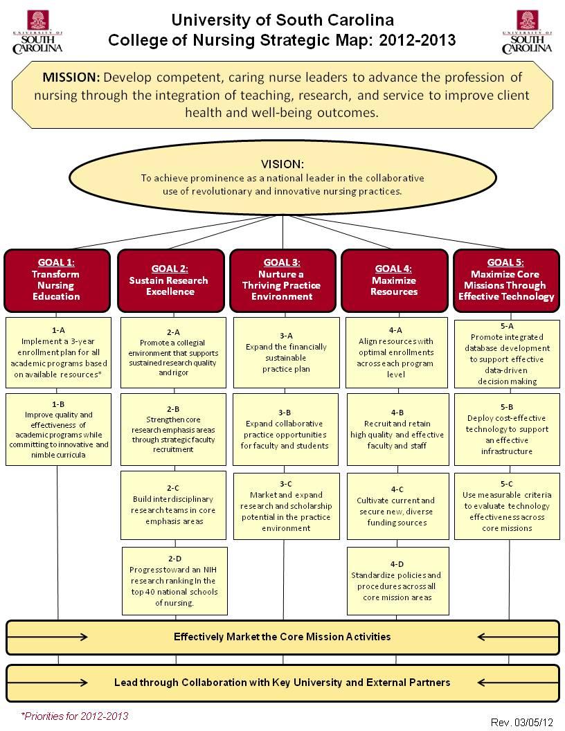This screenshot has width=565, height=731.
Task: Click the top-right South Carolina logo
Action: [527, 32]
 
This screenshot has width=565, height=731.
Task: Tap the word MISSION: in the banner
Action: [71, 77]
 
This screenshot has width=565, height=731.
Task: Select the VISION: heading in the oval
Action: [282, 164]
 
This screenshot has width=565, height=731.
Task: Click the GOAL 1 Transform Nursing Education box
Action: [57, 280]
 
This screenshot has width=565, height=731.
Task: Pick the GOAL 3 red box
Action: [282, 280]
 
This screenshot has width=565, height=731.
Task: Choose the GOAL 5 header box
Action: [506, 280]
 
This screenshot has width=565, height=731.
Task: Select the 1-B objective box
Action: [59, 429]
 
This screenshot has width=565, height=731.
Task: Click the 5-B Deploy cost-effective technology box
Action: [506, 429]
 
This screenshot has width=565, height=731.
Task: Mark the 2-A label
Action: [174, 332]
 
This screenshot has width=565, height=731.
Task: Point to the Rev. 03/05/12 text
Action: [522, 723]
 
